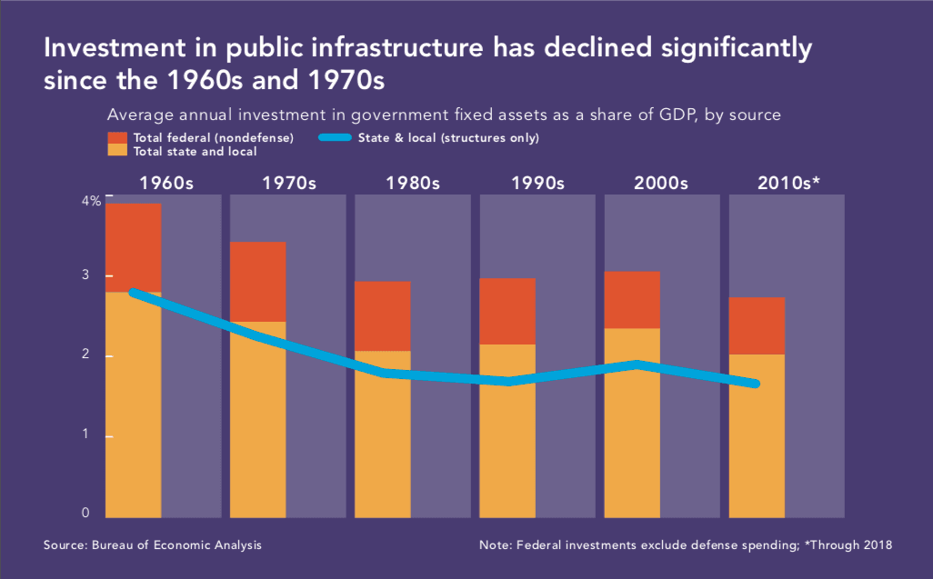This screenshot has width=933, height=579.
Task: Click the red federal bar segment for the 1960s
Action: coord(134,247)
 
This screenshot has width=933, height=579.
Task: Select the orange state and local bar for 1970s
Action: coord(258,418)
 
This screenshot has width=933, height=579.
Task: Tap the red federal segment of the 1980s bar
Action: coord(383,315)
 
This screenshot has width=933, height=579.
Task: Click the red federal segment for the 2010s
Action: coord(757,325)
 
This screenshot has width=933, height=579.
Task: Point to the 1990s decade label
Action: coord(538,183)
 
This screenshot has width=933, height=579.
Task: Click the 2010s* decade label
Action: coord(788,183)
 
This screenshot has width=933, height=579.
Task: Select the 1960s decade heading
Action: coord(166,183)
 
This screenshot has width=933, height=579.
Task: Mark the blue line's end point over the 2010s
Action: coord(756,384)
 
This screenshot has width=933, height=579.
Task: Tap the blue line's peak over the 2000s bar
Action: coord(637,364)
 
